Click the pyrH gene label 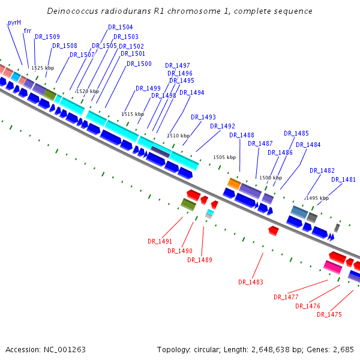(x=14, y=22)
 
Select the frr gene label (x=28, y=31)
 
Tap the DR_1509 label (x=47, y=37)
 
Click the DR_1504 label (x=121, y=28)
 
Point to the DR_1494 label (x=192, y=93)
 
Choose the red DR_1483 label (x=251, y=282)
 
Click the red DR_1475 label (x=329, y=314)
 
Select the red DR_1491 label (x=160, y=241)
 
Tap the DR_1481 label (x=343, y=180)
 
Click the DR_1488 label (x=242, y=136)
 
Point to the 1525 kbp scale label (x=43, y=68)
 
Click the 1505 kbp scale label (x=224, y=158)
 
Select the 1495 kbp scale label (x=317, y=198)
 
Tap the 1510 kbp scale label (x=178, y=136)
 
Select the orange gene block (x=234, y=183)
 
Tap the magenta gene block (x=332, y=266)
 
